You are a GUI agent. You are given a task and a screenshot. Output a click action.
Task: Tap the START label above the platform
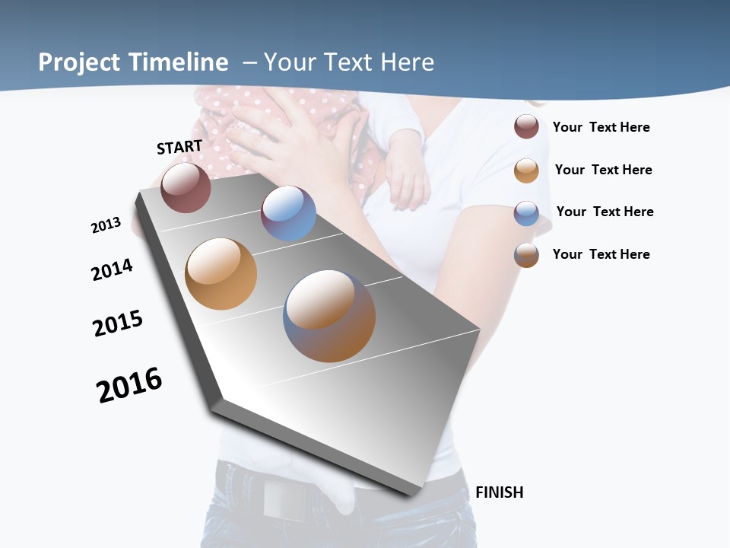(179, 147)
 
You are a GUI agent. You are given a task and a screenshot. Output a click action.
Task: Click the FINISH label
(499, 492)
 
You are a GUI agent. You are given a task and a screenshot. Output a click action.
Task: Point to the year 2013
(106, 225)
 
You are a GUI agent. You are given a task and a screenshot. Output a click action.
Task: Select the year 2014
(112, 269)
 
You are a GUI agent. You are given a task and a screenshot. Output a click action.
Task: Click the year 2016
(129, 385)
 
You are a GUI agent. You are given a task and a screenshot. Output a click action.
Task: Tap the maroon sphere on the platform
(186, 187)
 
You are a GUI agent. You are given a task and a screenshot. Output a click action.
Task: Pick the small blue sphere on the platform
(288, 213)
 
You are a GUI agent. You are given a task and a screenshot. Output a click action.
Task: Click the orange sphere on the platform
(221, 274)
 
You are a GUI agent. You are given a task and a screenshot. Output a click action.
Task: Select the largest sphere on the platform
(329, 315)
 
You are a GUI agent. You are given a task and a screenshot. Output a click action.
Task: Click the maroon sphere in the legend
(526, 126)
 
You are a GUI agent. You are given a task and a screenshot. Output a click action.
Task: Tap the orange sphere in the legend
(526, 170)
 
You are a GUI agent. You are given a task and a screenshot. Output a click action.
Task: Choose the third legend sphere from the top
(526, 213)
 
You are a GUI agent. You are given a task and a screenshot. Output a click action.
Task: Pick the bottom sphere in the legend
(526, 255)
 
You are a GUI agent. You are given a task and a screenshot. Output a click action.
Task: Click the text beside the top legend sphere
(601, 127)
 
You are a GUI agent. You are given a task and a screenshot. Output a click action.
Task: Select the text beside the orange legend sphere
(603, 170)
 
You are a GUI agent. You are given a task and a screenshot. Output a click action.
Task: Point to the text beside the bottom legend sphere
(601, 254)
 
